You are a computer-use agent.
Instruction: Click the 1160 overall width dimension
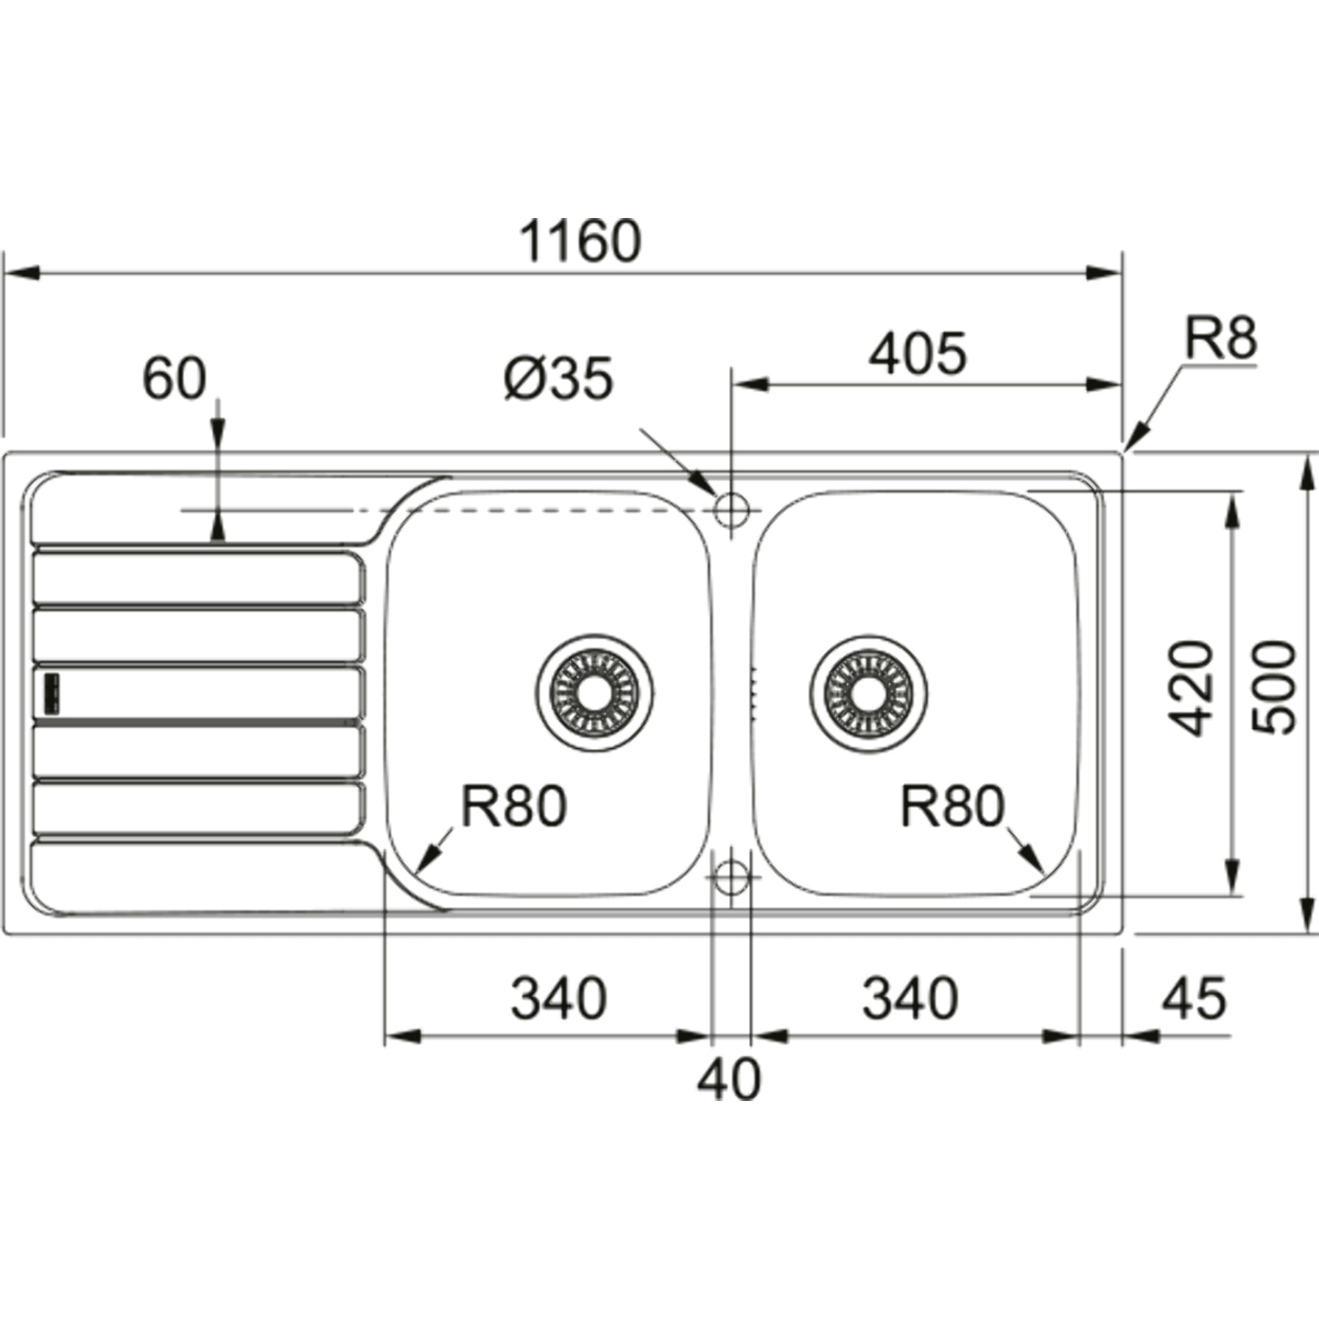[x=580, y=241]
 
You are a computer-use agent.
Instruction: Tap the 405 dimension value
[x=917, y=353]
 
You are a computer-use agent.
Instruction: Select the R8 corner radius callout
[x=1220, y=338]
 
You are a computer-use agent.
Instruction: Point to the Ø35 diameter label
[x=558, y=379]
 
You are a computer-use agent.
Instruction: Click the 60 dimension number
[x=174, y=379]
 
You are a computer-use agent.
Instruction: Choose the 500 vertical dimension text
[x=1275, y=689]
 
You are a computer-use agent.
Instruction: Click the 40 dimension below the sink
[x=728, y=1080]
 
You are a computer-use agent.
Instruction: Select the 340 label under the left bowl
[x=559, y=999]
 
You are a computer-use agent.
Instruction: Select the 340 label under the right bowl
[x=910, y=999]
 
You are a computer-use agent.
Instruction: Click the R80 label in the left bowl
[x=513, y=806]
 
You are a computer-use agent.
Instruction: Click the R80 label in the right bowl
[x=952, y=806]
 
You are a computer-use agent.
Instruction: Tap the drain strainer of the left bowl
[x=594, y=692]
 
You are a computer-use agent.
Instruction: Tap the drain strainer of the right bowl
[x=868, y=692]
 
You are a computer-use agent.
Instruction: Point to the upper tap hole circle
[x=731, y=509]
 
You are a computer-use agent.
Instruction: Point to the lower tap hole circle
[x=731, y=876]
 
